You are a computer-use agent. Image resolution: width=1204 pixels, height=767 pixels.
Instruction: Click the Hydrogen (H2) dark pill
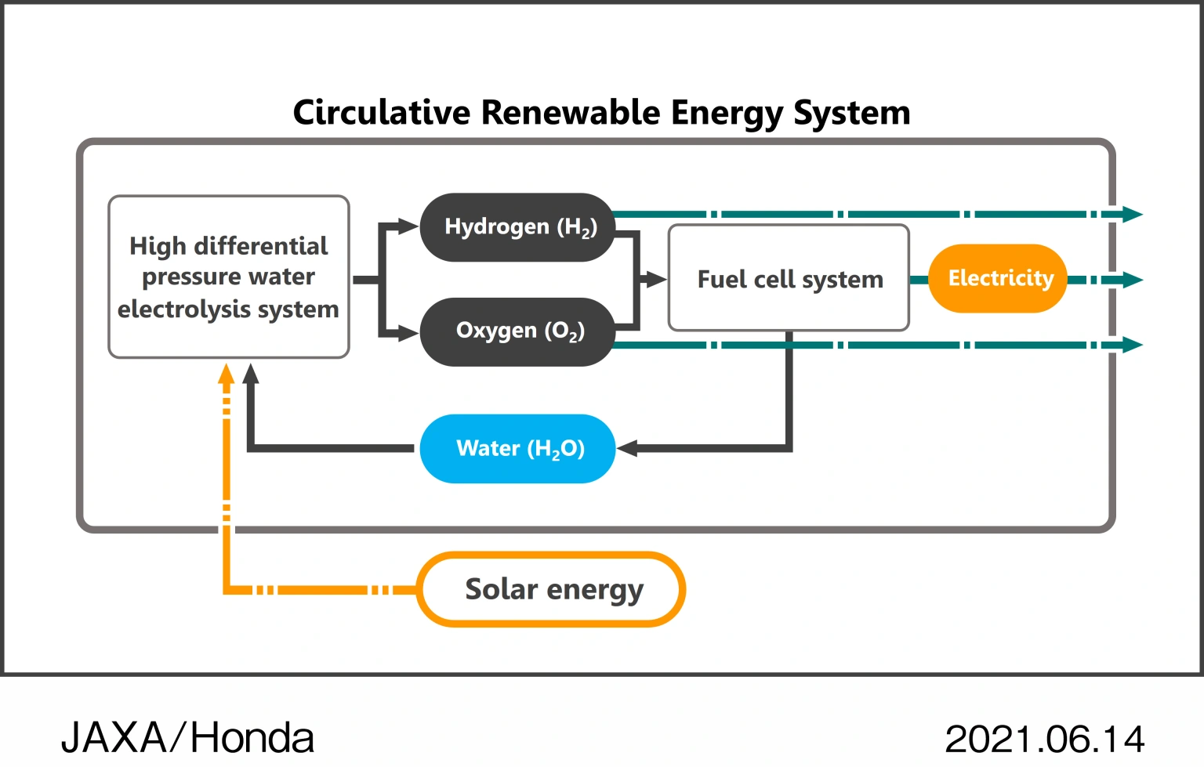pos(517,227)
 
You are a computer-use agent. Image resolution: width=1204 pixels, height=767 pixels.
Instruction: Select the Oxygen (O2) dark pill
pos(517,331)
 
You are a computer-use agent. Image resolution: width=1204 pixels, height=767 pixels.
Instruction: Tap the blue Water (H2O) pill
pos(517,449)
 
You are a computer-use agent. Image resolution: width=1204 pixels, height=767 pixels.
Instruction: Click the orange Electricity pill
pos(998,279)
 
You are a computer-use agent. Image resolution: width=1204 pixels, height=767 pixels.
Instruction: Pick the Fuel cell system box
pos(789,279)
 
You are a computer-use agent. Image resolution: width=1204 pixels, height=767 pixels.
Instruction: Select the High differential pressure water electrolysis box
pos(228,277)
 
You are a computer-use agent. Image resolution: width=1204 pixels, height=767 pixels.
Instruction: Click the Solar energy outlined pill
pos(552,590)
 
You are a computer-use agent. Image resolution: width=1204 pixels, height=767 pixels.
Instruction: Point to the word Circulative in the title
pos(382,113)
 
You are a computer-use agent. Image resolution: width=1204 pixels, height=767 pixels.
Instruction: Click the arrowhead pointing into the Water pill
pos(627,448)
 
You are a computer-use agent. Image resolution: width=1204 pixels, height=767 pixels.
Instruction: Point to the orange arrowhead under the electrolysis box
pos(227,374)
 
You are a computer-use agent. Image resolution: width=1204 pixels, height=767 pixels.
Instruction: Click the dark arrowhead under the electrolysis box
pos(251,374)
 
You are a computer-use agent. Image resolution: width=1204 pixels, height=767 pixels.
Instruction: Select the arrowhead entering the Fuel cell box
pos(655,279)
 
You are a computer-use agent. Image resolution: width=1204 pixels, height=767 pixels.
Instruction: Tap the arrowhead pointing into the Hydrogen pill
pos(408,227)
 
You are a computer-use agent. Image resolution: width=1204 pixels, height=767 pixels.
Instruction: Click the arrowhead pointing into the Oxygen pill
pos(408,334)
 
